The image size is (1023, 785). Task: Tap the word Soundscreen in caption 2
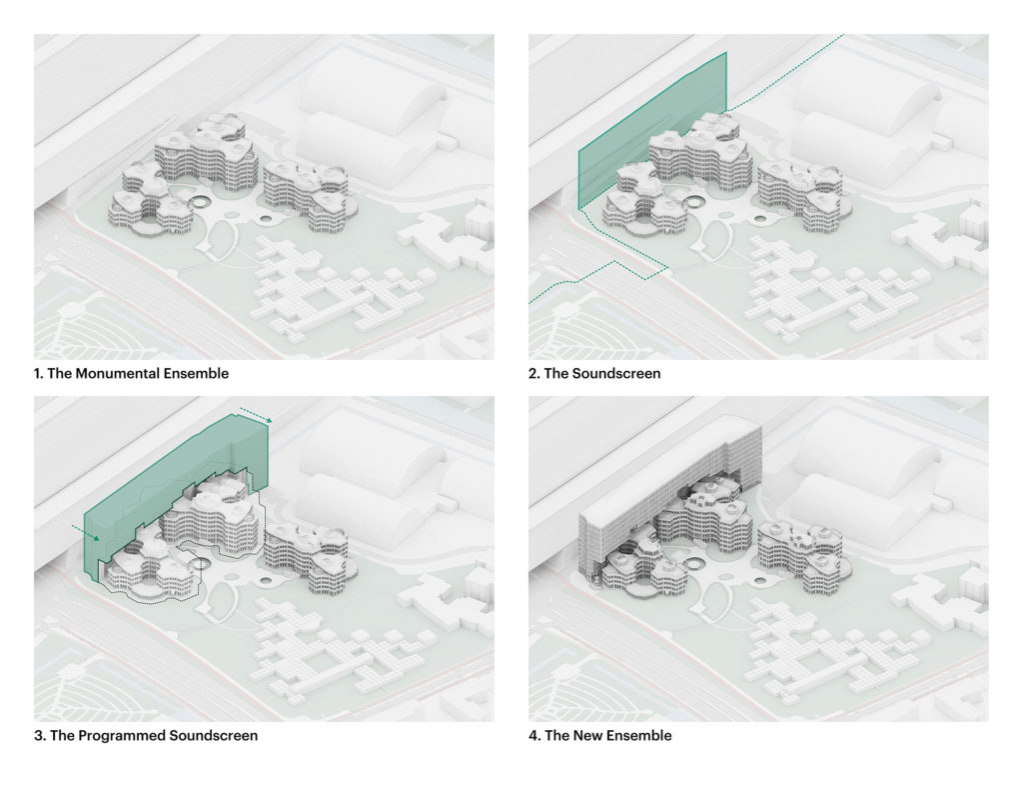pyautogui.click(x=619, y=374)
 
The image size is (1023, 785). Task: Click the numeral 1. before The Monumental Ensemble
pyautogui.click(x=39, y=374)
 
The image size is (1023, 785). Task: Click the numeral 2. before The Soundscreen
pyautogui.click(x=533, y=374)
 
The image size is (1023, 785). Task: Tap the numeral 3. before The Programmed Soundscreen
pyautogui.click(x=39, y=736)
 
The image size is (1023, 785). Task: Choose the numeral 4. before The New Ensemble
pyautogui.click(x=533, y=736)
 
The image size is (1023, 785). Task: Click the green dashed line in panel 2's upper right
pyautogui.click(x=789, y=75)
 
